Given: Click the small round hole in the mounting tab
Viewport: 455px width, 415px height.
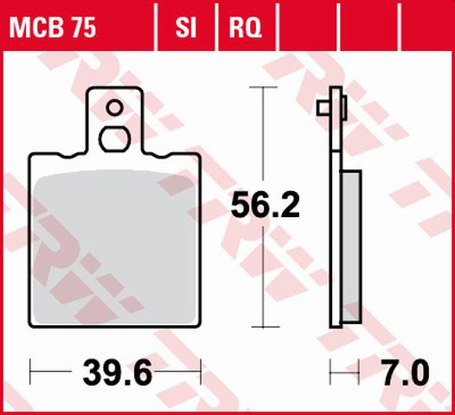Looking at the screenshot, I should [113, 108].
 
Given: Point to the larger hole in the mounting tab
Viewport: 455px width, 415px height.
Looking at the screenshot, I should [113, 138].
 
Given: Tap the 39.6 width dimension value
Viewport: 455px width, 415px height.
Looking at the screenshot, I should [118, 375].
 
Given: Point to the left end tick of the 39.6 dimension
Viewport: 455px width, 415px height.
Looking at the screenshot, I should [30, 374].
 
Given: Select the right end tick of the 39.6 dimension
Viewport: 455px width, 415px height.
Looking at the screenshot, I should [201, 374].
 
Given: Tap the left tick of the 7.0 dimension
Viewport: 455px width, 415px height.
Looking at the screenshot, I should [330, 374].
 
